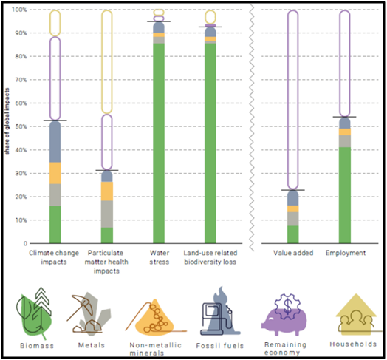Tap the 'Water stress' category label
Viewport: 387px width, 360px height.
click(x=159, y=252)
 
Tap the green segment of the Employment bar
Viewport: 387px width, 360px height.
click(x=344, y=195)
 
